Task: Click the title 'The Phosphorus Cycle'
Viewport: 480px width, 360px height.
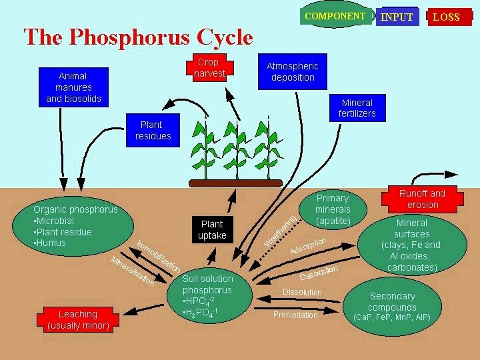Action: pos(138,37)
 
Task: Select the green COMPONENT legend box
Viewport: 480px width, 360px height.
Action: pos(335,16)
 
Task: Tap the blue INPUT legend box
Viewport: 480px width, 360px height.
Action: pos(397,17)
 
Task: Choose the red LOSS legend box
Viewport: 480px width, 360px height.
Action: pos(446,17)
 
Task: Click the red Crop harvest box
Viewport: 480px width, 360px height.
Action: pos(209,67)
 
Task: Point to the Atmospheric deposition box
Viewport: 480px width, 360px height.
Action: pos(292,71)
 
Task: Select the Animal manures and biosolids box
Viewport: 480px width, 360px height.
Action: pos(73,87)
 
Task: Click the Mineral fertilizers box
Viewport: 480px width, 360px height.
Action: pos(358,107)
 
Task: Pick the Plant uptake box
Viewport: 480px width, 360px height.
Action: pos(212,229)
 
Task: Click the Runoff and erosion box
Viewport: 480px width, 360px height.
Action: pos(422,199)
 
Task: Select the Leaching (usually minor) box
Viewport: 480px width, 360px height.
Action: pos(77,319)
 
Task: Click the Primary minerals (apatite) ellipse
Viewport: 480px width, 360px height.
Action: pos(333,209)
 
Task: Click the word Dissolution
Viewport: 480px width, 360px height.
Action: pos(302,292)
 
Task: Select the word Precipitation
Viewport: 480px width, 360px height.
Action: pos(295,315)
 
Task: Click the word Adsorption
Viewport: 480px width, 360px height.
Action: pos(307,245)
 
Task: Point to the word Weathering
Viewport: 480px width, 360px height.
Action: pos(280,230)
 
